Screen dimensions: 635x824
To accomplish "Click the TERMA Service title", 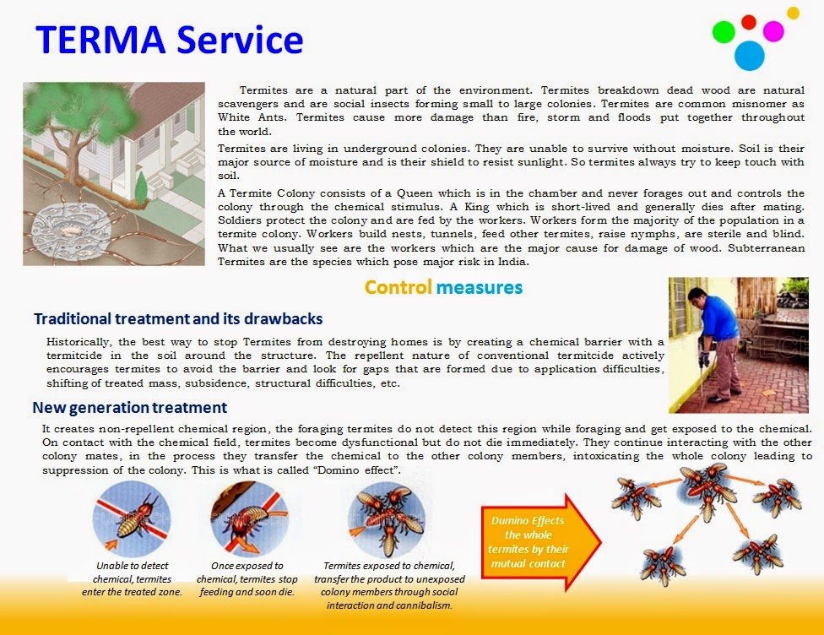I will coord(169,39).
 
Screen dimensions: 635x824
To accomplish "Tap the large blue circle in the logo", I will coord(749,55).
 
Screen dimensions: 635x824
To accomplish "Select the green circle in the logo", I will coord(724,32).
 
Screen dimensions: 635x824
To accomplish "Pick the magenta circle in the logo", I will coord(772,31).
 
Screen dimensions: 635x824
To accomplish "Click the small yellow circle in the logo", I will coord(793,13).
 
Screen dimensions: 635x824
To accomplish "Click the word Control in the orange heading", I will coord(398,288).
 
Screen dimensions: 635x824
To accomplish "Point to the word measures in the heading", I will coord(479,288).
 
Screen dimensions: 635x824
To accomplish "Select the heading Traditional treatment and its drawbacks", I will coord(178,319).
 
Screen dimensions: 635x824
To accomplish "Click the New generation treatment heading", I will coord(129,408).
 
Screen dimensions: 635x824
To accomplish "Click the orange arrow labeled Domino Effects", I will coord(538,541).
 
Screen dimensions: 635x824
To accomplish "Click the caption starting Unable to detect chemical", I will coord(132,578).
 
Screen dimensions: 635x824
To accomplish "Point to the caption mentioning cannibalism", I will coord(388,585).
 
